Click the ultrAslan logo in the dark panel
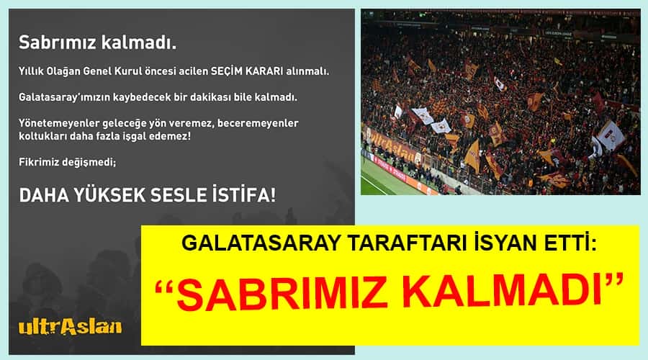tap(71, 327)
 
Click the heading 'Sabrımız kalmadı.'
tap(97, 42)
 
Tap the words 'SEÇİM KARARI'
tap(247, 71)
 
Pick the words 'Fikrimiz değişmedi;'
tap(68, 162)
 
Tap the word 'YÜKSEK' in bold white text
tap(109, 195)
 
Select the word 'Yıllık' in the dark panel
tap(31, 71)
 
